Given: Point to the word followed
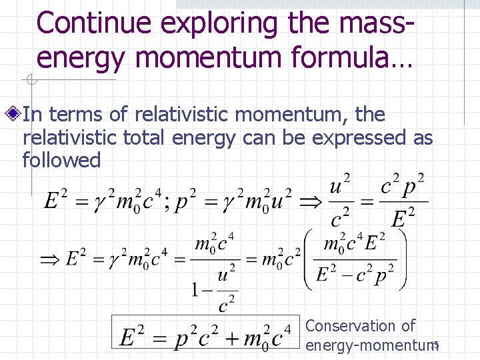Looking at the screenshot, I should pyautogui.click(x=61, y=160).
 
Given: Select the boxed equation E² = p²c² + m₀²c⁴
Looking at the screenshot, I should pyautogui.click(x=205, y=337).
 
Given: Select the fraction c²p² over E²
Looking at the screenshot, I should pyautogui.click(x=403, y=200).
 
